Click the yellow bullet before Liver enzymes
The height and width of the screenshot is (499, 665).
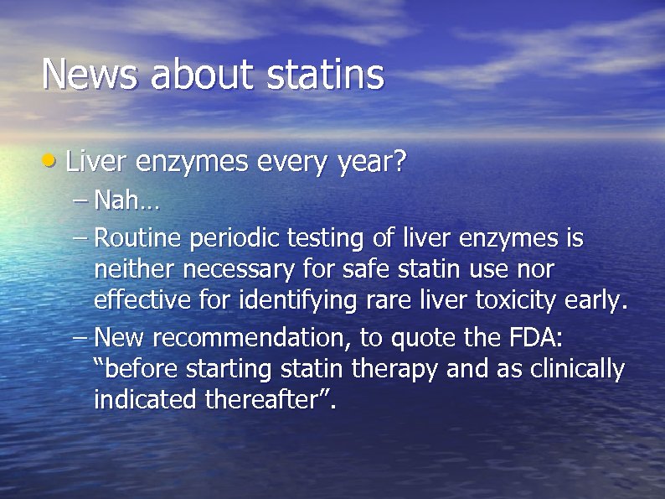click(x=51, y=159)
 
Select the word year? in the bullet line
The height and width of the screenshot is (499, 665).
click(x=369, y=161)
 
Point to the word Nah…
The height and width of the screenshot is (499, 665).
click(x=126, y=201)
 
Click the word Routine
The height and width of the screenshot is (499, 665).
click(x=137, y=239)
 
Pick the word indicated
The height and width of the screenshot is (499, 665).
click(x=146, y=399)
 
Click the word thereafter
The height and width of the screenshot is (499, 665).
click(x=264, y=399)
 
